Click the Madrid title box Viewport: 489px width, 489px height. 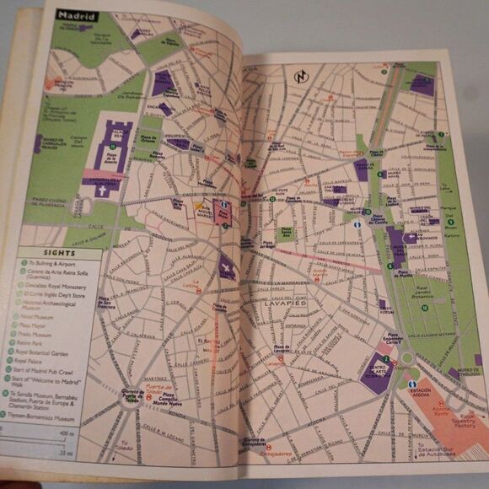point(77,16)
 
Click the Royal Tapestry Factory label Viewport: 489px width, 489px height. point(463,421)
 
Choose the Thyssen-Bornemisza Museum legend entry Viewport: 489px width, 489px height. point(53,417)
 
